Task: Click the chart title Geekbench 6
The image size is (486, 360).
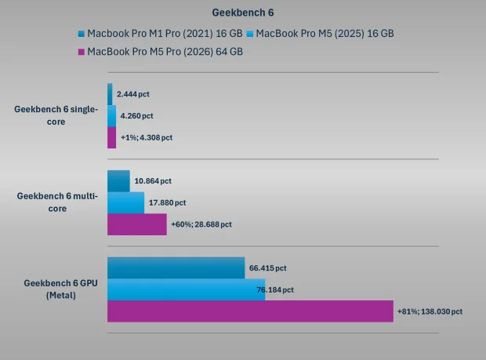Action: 243,13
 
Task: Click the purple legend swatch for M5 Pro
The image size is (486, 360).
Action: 81,53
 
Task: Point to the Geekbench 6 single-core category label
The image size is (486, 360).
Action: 56,115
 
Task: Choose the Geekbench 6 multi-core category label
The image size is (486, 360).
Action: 57,202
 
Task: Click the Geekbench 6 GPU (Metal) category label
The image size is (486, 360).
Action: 57,288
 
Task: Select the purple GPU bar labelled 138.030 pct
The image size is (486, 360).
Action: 249,311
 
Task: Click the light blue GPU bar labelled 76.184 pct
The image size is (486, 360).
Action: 186,289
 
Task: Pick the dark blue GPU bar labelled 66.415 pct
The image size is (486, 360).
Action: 176,268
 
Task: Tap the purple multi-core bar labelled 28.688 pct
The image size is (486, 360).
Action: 136,224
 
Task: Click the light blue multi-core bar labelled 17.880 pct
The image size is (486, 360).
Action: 125,203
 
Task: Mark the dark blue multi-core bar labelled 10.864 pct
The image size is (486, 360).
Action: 118,181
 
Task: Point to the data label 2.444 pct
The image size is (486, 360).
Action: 132,94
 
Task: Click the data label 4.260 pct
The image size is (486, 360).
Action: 136,115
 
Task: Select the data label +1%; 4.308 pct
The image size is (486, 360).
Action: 147,137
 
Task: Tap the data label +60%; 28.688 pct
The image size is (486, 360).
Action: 201,224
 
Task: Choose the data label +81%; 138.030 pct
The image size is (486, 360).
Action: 430,311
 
